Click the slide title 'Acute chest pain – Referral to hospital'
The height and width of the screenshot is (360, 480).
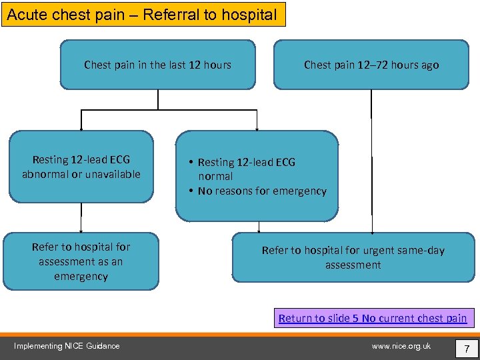pos(142,15)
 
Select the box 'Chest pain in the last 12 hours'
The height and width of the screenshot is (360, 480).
pos(157,65)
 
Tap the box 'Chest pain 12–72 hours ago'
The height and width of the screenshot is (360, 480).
pos(371,65)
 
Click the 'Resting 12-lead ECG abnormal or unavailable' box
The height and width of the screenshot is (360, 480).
pos(81,167)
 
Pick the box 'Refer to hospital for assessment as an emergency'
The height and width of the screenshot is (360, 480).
pos(81,261)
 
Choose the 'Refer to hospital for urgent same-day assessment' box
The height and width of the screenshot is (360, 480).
pos(353,257)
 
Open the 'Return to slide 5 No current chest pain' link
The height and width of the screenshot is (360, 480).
pos(373,318)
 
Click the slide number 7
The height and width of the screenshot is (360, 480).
pos(467,349)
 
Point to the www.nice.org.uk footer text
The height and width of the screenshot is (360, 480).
pos(401,346)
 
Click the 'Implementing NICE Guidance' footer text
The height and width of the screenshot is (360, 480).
pos(67,346)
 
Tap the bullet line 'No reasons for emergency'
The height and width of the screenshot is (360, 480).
pos(262,191)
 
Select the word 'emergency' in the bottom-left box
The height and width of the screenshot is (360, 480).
pos(81,276)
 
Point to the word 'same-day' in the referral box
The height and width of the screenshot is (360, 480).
pos(421,251)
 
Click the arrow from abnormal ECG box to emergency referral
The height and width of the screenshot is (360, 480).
pos(81,217)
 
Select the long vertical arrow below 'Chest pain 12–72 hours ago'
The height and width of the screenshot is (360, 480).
pos(371,160)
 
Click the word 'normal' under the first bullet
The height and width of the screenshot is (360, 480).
pos(215,177)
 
